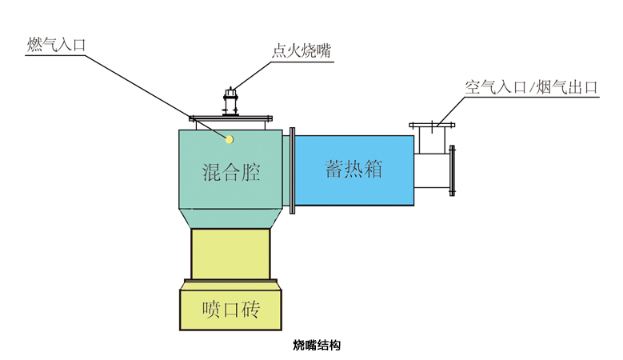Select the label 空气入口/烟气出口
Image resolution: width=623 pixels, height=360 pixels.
(532, 87)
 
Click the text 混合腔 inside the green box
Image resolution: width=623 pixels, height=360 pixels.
(231, 172)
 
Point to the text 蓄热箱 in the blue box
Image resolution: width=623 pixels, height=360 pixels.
(353, 169)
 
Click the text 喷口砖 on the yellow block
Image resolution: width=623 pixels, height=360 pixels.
(231, 308)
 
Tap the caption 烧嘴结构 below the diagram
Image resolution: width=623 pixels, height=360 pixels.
(317, 346)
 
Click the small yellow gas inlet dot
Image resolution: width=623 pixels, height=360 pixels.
(230, 139)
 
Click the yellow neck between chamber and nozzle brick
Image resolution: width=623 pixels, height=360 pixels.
(231, 254)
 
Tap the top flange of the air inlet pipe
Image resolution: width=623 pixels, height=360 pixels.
(432, 126)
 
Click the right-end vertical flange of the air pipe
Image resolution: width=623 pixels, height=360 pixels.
(453, 170)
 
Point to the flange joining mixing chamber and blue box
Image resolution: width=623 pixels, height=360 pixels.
(292, 168)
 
